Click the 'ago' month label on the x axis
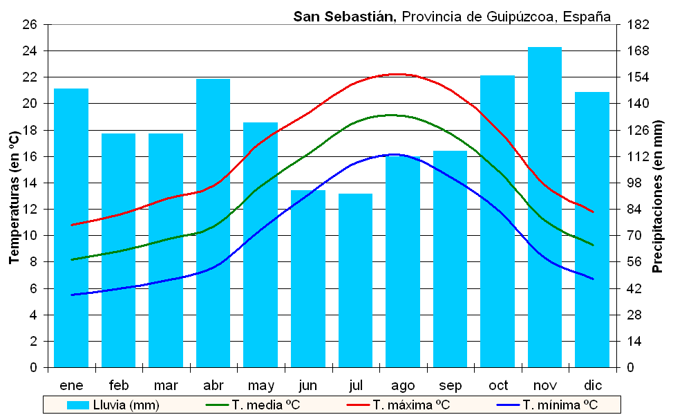pyautogui.click(x=403, y=385)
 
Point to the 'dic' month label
pyautogui.click(x=592, y=385)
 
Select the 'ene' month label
pyautogui.click(x=71, y=385)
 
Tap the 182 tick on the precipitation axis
pyautogui.click(x=640, y=25)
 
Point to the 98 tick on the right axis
pyautogui.click(x=637, y=183)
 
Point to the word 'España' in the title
pyautogui.click(x=587, y=16)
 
